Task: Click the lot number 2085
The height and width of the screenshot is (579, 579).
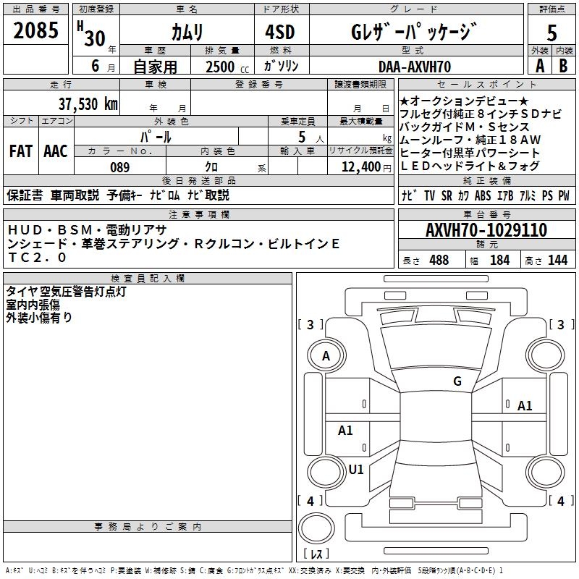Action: point(36,31)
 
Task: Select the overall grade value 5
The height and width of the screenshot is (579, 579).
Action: point(552,33)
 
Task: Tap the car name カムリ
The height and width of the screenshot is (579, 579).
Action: point(187,33)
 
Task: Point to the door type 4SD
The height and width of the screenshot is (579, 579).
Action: point(281,33)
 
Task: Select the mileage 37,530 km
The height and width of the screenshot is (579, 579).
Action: point(88,103)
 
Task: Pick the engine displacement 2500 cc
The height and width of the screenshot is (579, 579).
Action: point(222,67)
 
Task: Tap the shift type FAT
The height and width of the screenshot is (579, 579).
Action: point(20,151)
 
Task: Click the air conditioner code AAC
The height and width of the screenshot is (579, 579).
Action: point(56,151)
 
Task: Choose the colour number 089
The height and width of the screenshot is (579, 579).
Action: point(120,167)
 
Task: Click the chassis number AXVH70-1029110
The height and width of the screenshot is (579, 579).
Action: point(486,230)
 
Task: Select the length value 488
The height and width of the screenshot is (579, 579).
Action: point(439,261)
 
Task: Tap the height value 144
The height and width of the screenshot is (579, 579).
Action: point(557,261)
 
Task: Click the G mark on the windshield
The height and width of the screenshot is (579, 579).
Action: point(457,381)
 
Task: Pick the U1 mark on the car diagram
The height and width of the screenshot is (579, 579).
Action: point(356,469)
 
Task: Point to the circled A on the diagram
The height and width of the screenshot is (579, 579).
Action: point(326,355)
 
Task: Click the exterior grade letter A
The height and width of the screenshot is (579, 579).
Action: point(539,66)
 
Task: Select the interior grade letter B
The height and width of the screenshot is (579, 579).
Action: point(564,66)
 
